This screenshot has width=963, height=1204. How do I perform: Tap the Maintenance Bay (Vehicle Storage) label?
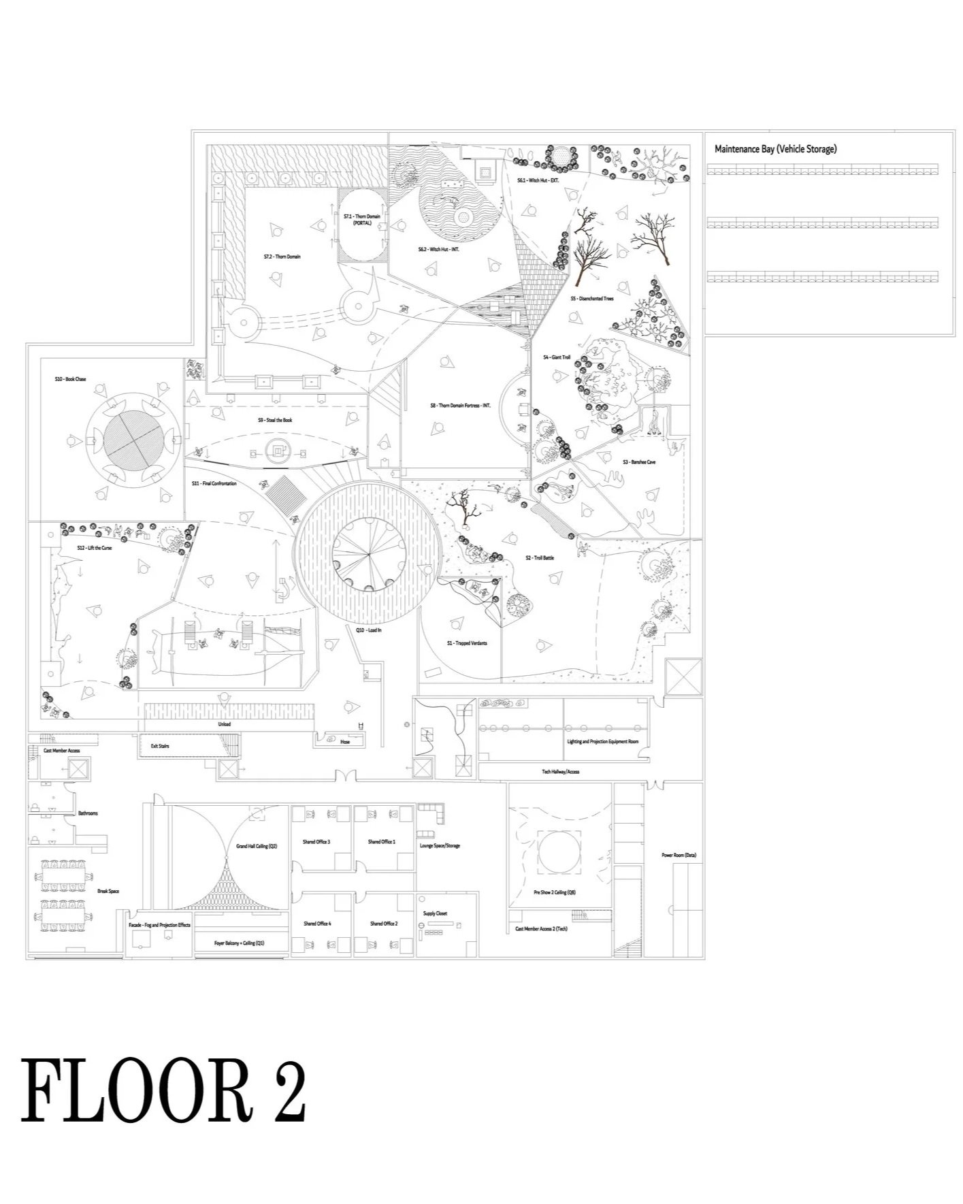pos(775,149)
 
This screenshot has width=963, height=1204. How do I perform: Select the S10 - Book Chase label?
pos(71,379)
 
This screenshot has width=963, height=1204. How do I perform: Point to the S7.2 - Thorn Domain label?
pos(282,257)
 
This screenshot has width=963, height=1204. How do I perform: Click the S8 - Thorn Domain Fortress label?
pos(460,406)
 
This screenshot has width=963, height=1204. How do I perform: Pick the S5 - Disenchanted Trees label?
pos(591,299)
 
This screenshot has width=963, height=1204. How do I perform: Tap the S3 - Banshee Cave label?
pos(638,462)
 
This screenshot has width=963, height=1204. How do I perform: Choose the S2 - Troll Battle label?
pos(539,558)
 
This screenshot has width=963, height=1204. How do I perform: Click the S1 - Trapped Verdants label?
pos(466,643)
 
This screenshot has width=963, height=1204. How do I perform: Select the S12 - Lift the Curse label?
pos(94,548)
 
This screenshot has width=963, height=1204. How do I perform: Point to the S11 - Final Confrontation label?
pos(214,484)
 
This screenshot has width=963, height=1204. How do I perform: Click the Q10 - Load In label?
pos(368,630)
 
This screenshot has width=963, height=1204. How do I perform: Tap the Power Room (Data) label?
pos(679,855)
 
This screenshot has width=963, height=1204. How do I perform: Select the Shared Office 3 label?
pos(316,842)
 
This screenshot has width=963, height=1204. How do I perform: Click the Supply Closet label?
pos(435,913)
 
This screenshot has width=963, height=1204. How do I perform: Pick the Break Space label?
pos(108,891)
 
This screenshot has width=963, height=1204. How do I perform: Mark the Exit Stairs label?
pos(160,747)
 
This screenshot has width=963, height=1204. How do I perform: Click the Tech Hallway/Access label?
pos(560,772)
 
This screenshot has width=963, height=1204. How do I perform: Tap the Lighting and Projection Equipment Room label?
pos(602,742)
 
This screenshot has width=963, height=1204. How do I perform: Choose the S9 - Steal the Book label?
pos(274,421)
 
